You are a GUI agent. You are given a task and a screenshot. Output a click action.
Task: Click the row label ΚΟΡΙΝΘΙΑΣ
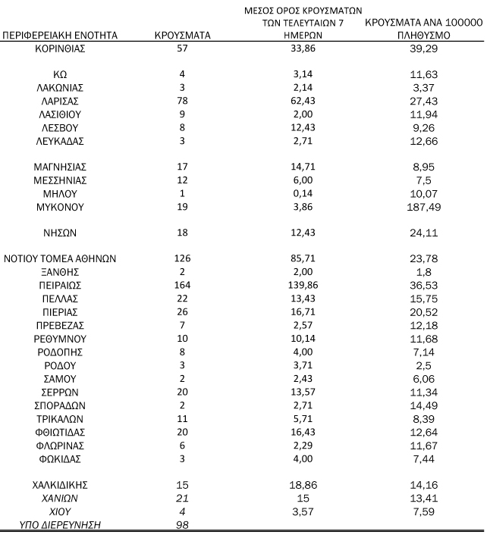click(60, 48)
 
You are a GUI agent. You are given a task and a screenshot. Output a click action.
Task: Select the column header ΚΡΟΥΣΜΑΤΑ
click(182, 36)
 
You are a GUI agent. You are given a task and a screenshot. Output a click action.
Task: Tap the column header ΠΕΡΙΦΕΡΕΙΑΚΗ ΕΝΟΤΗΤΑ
click(60, 36)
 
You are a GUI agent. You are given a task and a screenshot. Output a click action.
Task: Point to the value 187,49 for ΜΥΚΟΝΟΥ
click(425, 206)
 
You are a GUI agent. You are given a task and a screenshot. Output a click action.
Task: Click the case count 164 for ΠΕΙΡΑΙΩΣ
click(182, 286)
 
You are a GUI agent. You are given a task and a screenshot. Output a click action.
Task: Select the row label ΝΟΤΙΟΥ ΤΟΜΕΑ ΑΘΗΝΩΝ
click(60, 258)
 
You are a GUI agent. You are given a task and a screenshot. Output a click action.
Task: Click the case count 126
click(182, 258)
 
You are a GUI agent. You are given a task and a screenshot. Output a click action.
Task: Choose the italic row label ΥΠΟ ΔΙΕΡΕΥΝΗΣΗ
click(60, 524)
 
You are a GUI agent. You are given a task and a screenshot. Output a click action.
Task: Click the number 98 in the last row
click(182, 524)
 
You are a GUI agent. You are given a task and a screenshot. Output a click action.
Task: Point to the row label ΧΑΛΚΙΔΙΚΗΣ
click(60, 483)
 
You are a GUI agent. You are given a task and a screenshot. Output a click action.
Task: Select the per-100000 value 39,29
click(425, 48)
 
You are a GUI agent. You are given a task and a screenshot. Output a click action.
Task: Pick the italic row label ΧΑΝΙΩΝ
click(60, 497)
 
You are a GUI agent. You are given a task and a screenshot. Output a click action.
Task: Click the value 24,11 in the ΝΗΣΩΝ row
click(425, 233)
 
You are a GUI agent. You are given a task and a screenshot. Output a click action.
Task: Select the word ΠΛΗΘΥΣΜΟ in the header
click(425, 36)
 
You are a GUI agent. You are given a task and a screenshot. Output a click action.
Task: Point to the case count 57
click(182, 48)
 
